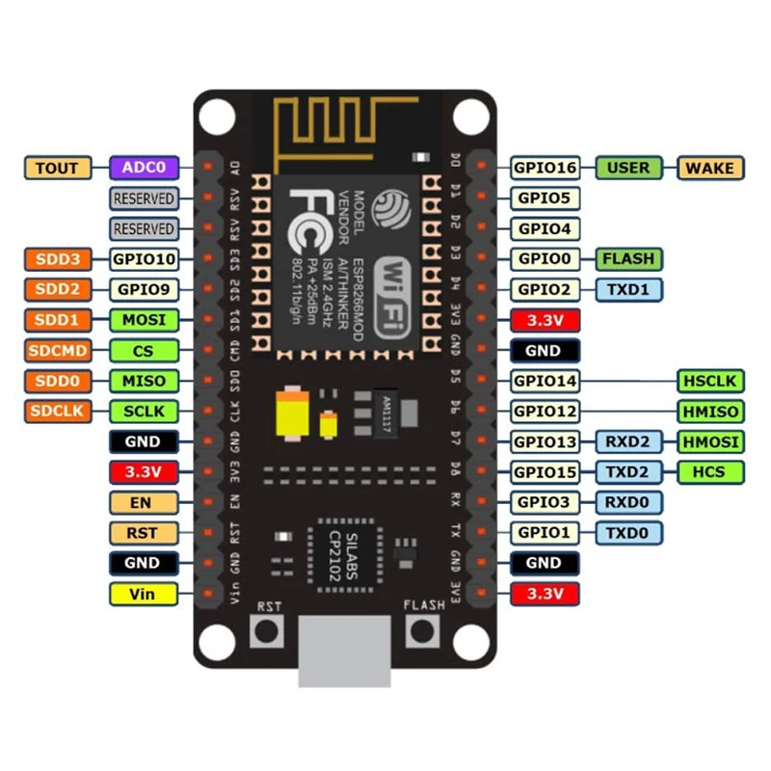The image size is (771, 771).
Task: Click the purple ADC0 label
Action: point(143,168)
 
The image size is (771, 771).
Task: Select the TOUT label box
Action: point(57,168)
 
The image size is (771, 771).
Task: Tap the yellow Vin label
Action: point(143,594)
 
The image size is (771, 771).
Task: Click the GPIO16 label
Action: point(545,168)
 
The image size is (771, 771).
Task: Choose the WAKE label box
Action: point(711,168)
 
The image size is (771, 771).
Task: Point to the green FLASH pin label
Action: point(628,258)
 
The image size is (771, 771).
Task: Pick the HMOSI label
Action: point(711,441)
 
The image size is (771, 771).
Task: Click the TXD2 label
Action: point(628,472)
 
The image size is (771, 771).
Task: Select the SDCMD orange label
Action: point(57,350)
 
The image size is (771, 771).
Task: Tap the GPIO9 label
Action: point(143,289)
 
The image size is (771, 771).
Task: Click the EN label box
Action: point(143,502)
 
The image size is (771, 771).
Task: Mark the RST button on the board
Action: point(268,632)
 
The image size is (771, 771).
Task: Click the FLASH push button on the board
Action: point(422,632)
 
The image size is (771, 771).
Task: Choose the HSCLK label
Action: point(711,381)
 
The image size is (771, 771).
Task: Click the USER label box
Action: point(628,168)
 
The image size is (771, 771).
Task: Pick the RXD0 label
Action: point(628,502)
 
